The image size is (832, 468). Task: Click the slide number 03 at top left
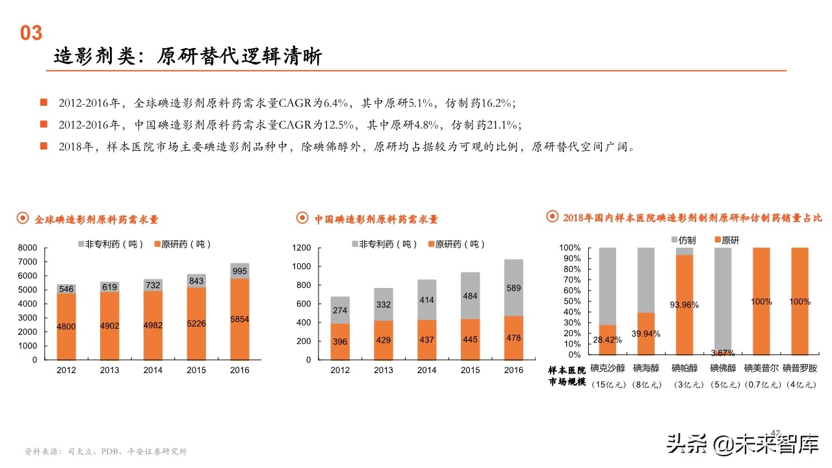point(31,33)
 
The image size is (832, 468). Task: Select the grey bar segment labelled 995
point(239,271)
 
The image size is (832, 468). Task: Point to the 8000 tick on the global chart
point(28,248)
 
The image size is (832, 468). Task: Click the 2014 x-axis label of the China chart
point(426,370)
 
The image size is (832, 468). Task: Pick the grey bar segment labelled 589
point(513,288)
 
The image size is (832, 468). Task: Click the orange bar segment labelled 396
point(340,341)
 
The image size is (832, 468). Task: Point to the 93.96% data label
point(684,304)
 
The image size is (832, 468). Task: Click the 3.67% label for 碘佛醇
point(722,353)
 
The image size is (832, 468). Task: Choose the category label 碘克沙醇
point(608,368)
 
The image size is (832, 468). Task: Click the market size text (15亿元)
point(608,385)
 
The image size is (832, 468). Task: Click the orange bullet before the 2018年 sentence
point(44,146)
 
